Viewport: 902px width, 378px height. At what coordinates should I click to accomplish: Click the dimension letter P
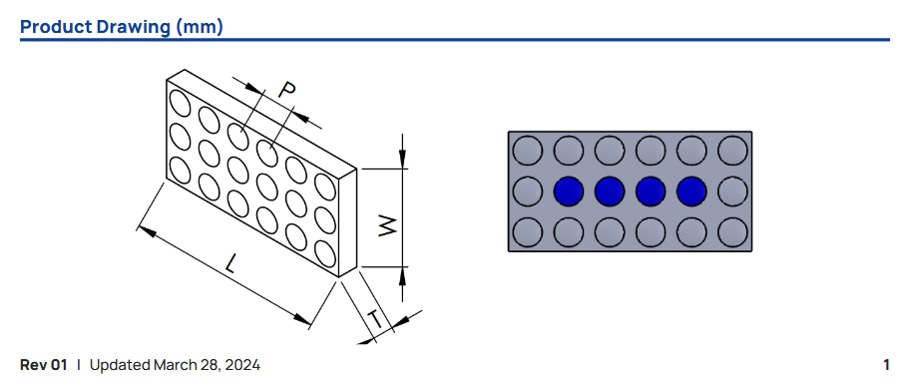287,90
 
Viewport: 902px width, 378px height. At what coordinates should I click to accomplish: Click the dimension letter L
231,264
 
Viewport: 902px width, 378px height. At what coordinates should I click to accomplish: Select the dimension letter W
388,225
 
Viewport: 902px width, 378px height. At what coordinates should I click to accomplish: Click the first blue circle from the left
569,191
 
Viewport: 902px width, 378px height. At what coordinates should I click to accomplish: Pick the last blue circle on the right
692,191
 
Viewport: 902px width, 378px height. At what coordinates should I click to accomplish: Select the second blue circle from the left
610,191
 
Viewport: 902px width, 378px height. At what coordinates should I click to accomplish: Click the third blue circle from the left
651,191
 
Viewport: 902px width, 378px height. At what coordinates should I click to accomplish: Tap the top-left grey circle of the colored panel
527,151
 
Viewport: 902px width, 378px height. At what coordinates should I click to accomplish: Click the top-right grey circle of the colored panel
732,151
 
